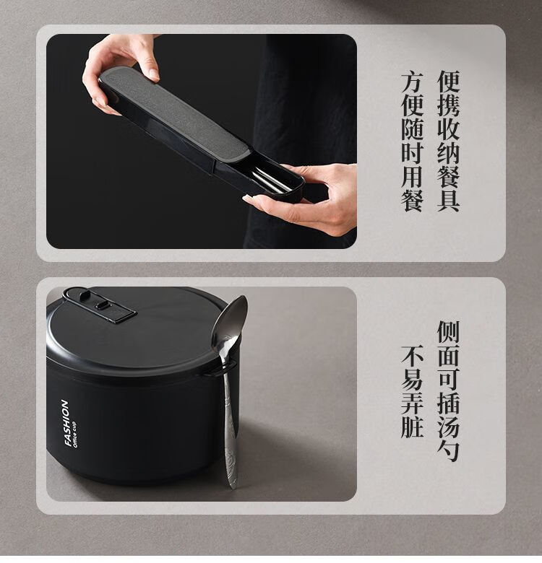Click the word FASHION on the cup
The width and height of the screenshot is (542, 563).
click(66, 422)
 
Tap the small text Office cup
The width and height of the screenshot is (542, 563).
click(74, 433)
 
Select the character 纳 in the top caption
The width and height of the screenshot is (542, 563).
click(448, 153)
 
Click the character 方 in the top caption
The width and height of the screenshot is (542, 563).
click(412, 82)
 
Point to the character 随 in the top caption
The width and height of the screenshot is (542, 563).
click(412, 129)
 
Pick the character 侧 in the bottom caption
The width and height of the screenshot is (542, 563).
click(448, 332)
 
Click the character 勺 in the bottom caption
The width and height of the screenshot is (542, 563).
click(448, 450)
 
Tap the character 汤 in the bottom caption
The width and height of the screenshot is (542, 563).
click(448, 427)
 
